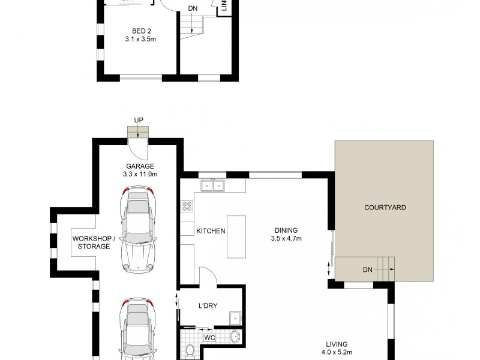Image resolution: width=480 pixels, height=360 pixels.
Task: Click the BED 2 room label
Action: click(142, 32)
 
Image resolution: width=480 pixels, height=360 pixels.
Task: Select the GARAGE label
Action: click(140, 166)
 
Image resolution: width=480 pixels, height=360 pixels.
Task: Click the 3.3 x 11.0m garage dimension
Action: click(140, 175)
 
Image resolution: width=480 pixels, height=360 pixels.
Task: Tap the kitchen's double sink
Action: click(212, 185)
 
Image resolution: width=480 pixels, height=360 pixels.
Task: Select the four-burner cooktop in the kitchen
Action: click(187, 207)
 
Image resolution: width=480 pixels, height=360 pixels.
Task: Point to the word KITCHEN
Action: click(211, 230)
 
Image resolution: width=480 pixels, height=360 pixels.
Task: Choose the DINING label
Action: click(286, 230)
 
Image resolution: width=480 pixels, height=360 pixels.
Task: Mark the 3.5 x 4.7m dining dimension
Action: click(286, 239)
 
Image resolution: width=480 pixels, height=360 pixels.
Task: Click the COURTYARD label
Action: click(385, 208)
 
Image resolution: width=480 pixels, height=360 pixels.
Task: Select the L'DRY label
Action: click(207, 305)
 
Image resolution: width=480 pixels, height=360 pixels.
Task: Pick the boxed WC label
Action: click(209, 338)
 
